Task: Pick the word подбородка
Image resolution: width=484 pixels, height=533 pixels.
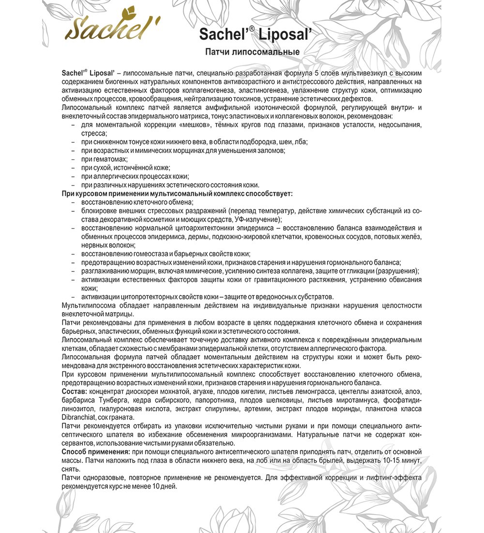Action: pyautogui.click(x=254, y=141)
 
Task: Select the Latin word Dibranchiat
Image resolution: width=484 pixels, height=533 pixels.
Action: pyautogui.click(x=80, y=418)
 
